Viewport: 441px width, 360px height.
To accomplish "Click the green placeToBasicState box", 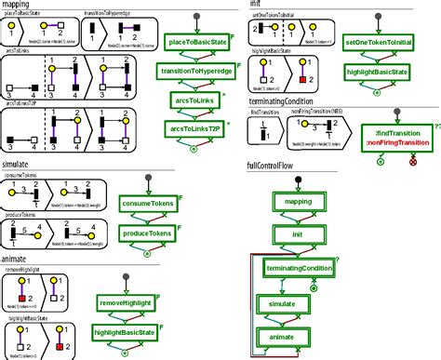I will tap(199, 43).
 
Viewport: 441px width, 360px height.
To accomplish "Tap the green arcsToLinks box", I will tap(199, 100).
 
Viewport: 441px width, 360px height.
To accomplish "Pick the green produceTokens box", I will tap(148, 233).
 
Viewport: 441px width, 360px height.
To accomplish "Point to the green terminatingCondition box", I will tap(298, 268).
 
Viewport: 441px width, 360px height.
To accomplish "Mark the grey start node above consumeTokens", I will tap(147, 180).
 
